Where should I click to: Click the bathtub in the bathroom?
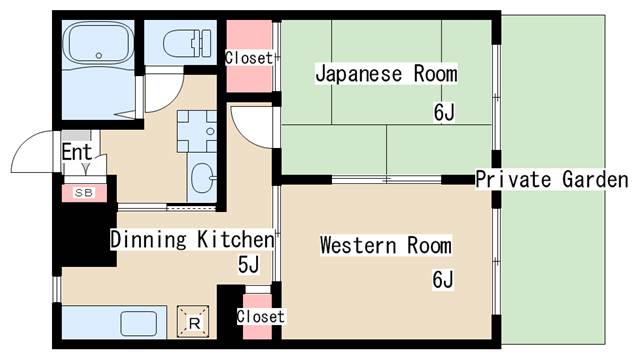pos(98,42)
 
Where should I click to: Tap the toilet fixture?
pos(187,43)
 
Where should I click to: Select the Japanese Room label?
pos(386,74)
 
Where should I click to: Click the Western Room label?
pos(386,245)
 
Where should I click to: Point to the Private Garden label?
pos(552,180)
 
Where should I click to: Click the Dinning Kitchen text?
pos(192,239)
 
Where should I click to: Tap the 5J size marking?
pos(249,265)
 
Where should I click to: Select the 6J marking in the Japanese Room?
pos(444,112)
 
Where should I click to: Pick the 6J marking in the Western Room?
pos(443,280)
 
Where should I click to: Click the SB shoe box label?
pos(84,193)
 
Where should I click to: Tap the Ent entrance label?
pos(77,152)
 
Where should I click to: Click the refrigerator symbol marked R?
pos(193,322)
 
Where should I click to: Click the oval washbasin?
pos(203,178)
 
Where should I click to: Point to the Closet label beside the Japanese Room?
pos(249,58)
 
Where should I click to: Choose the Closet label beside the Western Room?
pos(260,316)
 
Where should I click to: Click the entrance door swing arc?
pos(23,142)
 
